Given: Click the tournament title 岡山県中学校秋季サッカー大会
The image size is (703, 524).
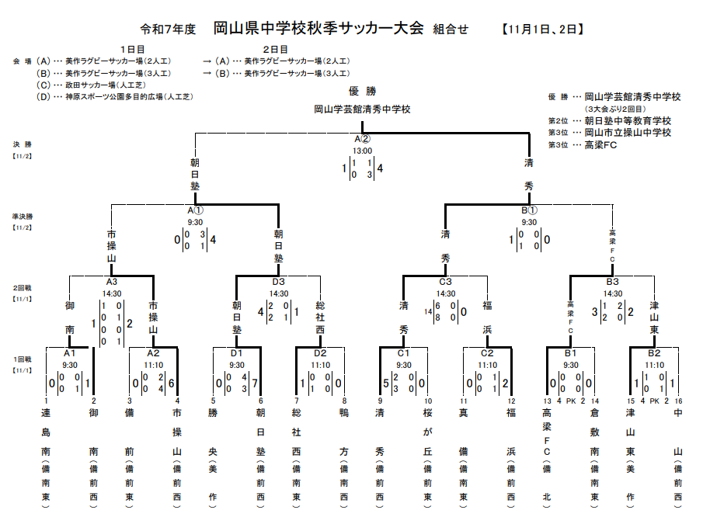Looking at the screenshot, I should point(318,29).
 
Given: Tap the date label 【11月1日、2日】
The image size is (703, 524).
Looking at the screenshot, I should point(543,29).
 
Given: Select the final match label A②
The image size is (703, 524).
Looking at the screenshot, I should point(362,140).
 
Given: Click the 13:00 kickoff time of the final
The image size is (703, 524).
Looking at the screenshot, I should point(362,151).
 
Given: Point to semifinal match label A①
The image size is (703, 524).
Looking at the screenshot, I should point(195,210).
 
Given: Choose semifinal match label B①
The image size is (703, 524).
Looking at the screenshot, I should point(529,210).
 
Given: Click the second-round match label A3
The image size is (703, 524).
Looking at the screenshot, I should point(112,282).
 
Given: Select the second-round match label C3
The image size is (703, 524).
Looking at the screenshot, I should point(445,282).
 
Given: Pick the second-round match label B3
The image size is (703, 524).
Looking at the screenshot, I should point(612,282).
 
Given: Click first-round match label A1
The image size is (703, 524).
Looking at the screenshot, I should point(70,353).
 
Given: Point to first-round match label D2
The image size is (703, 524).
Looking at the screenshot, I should point(320,353).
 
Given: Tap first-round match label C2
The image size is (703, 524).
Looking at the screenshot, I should point(487,353).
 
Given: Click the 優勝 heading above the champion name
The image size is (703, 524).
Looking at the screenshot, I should point(362,91).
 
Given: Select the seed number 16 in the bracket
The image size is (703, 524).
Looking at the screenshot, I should point(679,401).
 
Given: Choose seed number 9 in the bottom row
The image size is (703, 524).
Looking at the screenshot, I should point(380,401).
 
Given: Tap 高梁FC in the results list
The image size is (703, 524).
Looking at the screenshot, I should point(600,144).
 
